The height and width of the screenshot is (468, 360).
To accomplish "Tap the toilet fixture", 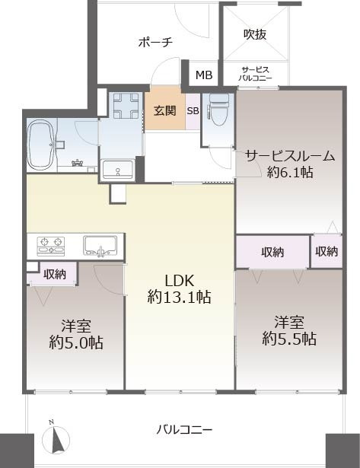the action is click(218, 110).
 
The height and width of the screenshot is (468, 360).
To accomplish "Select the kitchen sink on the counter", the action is click(100, 246).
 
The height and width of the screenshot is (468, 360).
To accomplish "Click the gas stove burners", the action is click(51, 247).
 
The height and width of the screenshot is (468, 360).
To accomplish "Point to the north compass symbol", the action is click(56, 438).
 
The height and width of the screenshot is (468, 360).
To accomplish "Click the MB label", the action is click(204, 75).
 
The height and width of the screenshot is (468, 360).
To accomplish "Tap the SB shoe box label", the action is click(193, 111).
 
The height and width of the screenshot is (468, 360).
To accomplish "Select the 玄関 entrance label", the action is click(164, 111).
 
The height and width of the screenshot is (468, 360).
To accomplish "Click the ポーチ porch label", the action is click(155, 42).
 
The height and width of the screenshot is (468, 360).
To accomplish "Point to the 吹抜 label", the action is click(255, 34).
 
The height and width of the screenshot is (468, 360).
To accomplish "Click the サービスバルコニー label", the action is click(255, 74).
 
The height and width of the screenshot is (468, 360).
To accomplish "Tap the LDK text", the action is click(180, 281).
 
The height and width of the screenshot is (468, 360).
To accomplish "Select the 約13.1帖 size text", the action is click(179, 297).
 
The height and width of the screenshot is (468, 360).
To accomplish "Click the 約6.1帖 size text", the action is click(289, 172).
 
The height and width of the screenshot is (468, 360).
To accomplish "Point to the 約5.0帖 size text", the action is click(76, 342).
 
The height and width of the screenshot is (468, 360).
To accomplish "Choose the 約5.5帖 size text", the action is click(289, 339).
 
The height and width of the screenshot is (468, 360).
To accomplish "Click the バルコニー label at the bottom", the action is click(184, 430).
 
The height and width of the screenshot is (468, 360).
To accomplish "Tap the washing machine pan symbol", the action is click(126, 106).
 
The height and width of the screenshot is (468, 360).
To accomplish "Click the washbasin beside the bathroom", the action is click(118, 169).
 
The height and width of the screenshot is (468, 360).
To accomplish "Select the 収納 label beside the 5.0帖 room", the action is click(55, 274).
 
